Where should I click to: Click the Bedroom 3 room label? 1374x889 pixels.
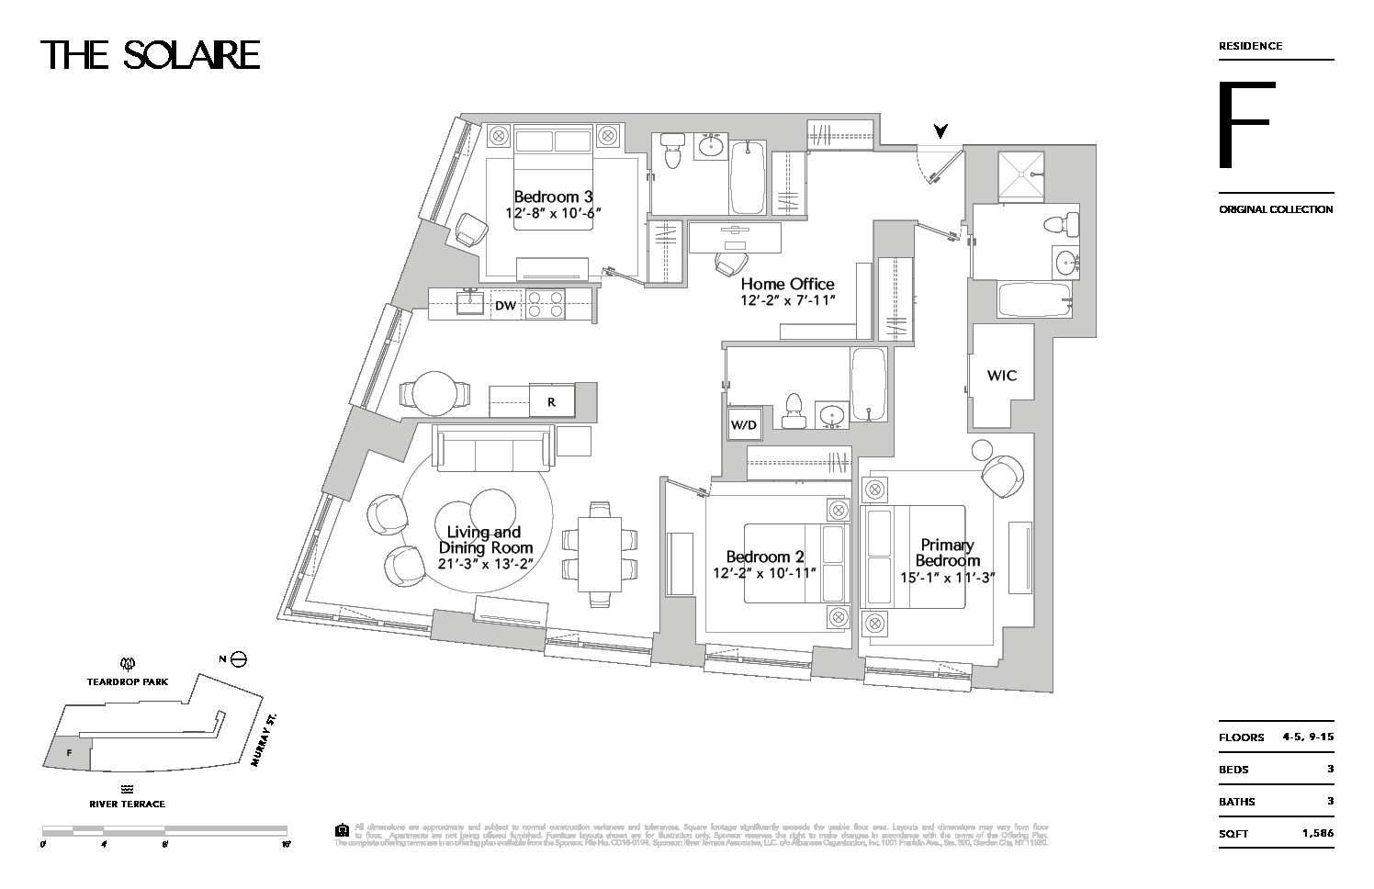tap(553, 197)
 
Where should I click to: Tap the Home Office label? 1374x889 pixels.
tap(787, 285)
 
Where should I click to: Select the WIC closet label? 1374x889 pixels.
tap(1002, 376)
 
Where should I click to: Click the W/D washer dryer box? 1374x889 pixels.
tap(743, 425)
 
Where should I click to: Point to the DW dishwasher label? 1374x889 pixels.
tap(505, 306)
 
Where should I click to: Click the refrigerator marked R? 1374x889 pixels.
tap(551, 401)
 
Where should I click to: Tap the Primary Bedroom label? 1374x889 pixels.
tap(947, 553)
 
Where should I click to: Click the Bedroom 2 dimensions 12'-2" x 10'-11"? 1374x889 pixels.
tap(764, 573)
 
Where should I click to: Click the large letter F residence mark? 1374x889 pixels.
tap(1245, 125)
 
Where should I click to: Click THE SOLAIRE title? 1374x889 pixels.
tap(151, 55)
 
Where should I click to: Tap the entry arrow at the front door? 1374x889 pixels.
tap(940, 131)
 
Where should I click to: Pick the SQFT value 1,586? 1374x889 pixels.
tap(1317, 833)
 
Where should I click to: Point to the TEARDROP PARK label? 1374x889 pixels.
tap(128, 681)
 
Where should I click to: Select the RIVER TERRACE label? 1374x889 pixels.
tap(128, 804)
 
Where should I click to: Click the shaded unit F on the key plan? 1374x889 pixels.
tap(69, 753)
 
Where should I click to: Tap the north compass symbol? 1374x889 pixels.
tap(238, 658)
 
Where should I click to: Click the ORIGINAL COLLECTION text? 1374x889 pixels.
tap(1276, 209)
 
